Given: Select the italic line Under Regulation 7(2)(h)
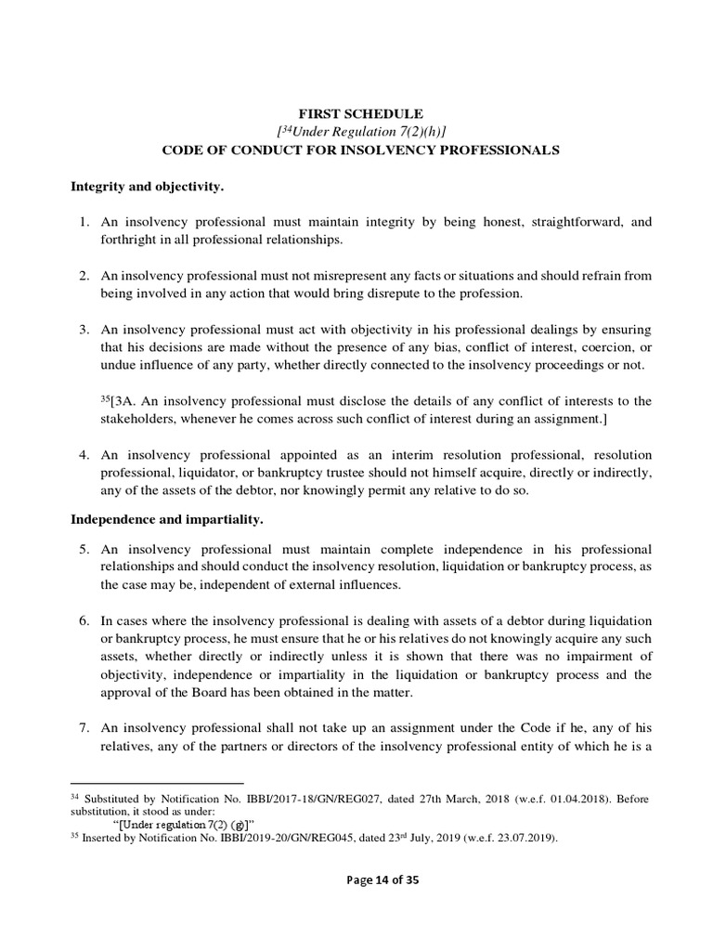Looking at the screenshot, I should tap(360, 130).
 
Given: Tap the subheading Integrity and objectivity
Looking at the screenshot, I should tap(148, 186).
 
